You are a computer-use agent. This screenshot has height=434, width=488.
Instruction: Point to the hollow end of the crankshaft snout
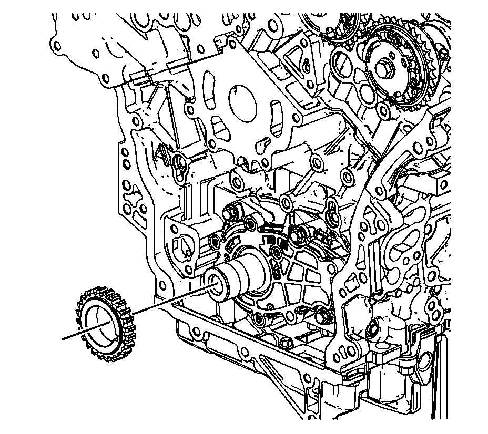pos(216,283)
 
